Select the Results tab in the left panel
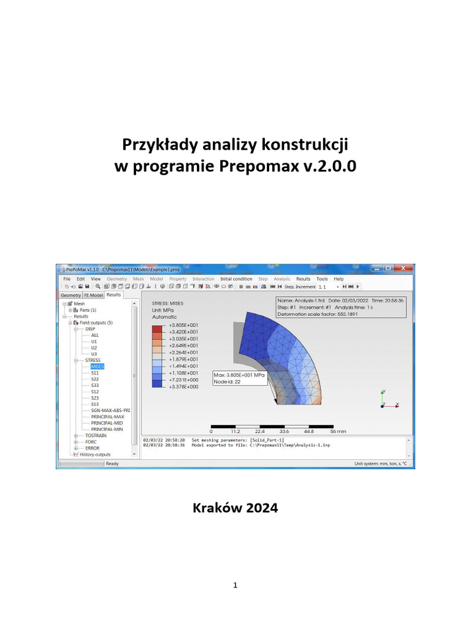pos(114,295)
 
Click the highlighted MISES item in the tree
pos(97,366)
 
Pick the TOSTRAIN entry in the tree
pos(96,435)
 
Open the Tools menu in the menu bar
pos(322,279)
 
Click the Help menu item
pos(339,279)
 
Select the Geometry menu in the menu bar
pos(117,279)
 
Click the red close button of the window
pos(402,269)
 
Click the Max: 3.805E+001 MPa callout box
pos(239,377)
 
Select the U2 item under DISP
pos(94,347)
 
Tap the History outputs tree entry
pos(95,454)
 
